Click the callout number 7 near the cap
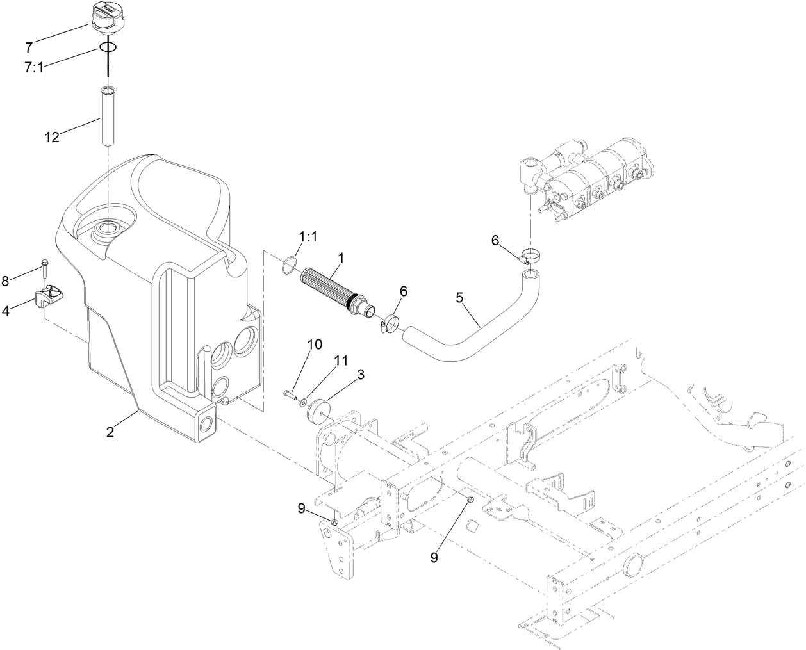(x=29, y=47)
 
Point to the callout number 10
(x=314, y=345)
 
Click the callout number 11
(x=340, y=361)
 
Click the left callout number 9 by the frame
(x=300, y=509)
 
